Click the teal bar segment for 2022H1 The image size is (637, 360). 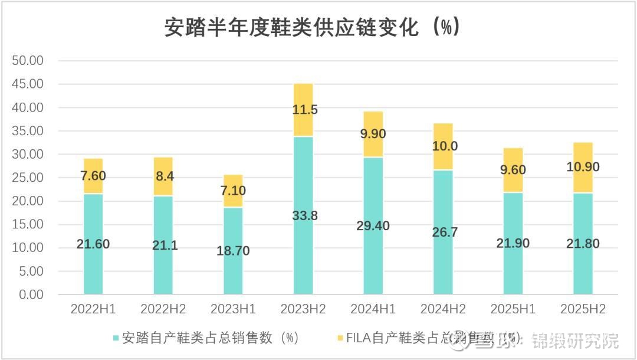tap(93, 271)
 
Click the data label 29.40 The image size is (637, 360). tap(373, 225)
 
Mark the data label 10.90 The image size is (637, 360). tap(583, 167)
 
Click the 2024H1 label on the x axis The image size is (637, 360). tap(373, 309)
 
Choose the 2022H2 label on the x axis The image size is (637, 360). tap(163, 309)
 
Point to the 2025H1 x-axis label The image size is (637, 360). tap(513, 309)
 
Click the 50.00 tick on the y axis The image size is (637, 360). tap(28, 61)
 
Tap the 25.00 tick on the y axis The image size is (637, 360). tap(28, 178)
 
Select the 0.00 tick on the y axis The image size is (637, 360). tap(31, 294)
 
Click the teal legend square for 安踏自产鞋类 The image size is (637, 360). tap(116, 338)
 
